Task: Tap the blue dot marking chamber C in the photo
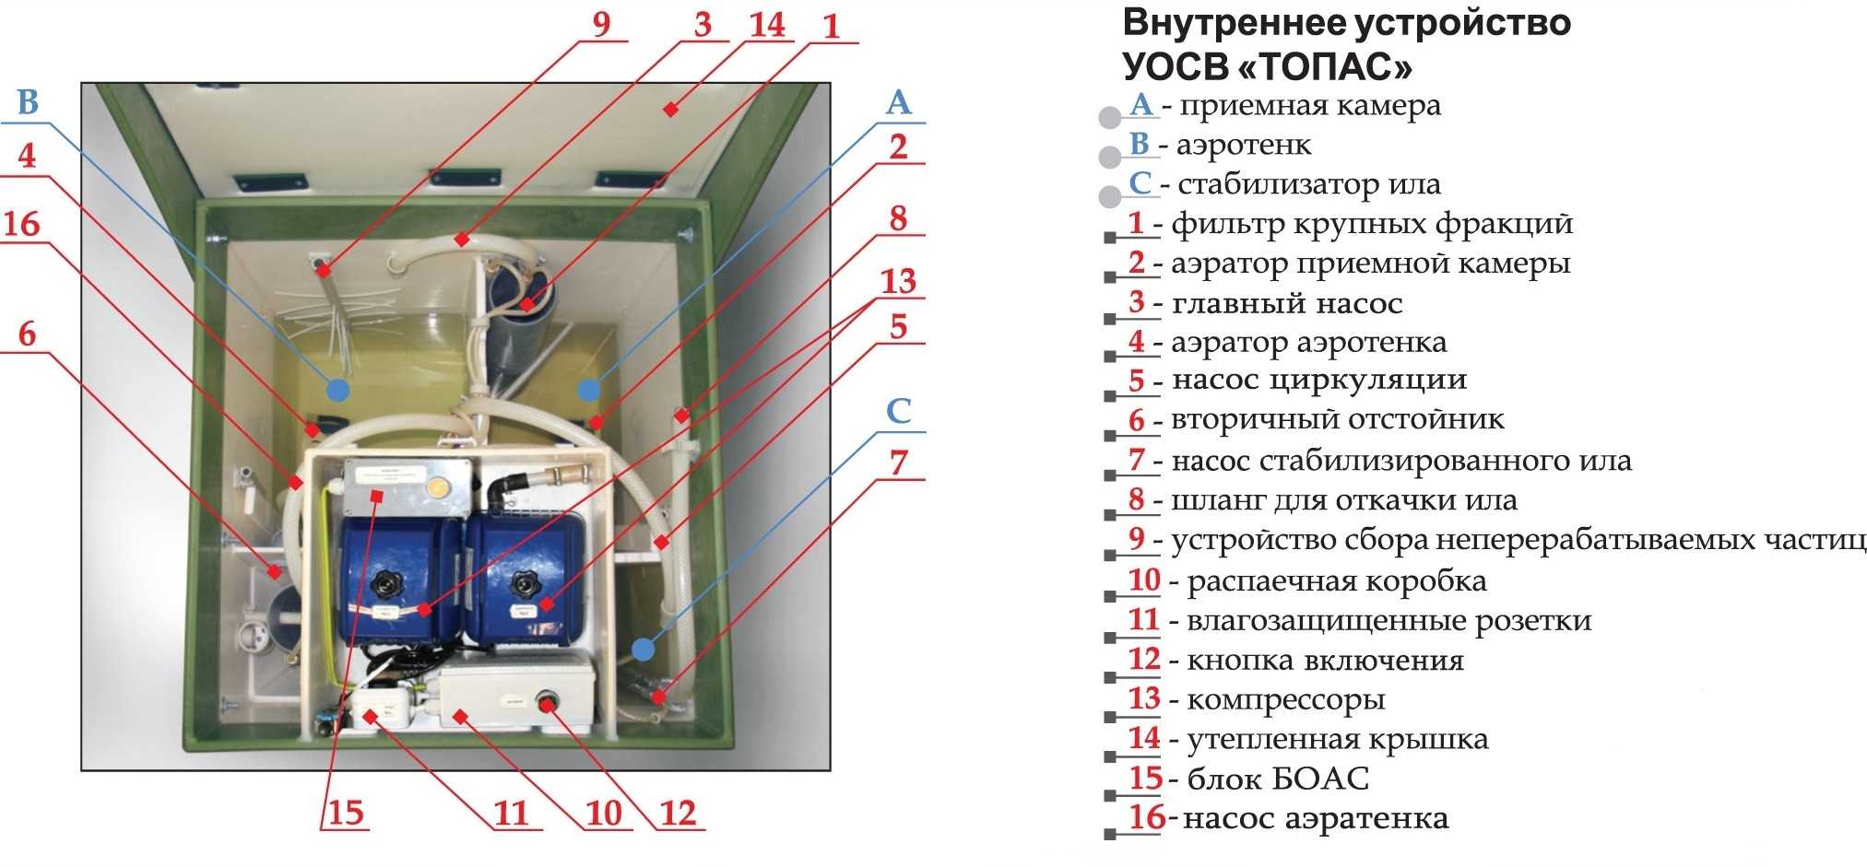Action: coord(643,650)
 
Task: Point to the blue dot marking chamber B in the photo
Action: coord(337,390)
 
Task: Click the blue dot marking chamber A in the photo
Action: coord(588,390)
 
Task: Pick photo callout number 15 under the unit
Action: coord(346,813)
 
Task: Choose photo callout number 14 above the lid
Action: coord(767,25)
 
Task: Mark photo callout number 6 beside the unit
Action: coord(28,334)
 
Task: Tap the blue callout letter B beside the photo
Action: coord(28,102)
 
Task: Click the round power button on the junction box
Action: coord(547,705)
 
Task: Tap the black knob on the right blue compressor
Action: coord(526,582)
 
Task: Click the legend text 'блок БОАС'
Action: coord(1278,779)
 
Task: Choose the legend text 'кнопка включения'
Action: coord(1325,661)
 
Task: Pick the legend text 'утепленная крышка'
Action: coord(1337,740)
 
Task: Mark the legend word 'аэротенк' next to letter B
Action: coord(1243,146)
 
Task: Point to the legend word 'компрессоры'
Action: coord(1285,700)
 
